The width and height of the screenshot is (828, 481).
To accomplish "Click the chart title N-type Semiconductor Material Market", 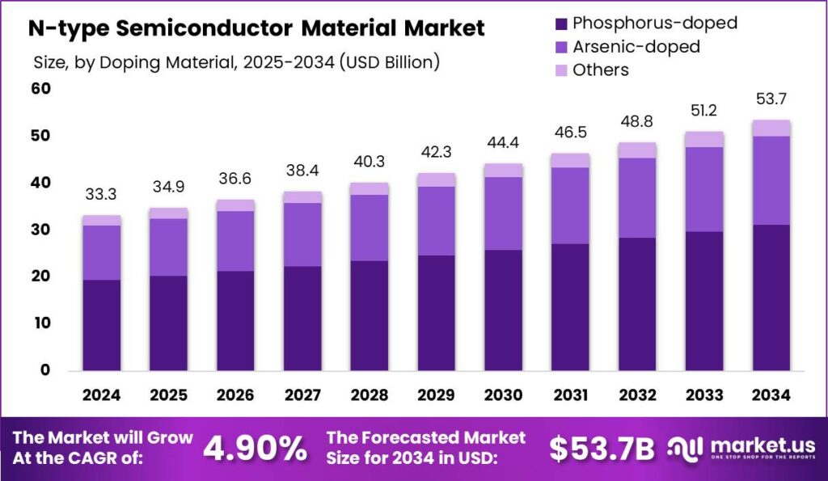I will click(256, 28).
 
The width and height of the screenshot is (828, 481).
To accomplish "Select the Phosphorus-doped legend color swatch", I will click(559, 23).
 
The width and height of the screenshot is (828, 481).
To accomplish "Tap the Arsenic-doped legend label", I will click(636, 46).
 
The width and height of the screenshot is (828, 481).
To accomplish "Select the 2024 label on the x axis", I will click(101, 395).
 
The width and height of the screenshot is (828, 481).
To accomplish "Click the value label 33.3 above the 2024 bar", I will click(101, 195).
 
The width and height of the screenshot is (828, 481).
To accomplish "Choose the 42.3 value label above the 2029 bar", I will click(436, 152).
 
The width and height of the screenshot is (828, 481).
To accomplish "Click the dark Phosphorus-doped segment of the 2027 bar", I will click(302, 318).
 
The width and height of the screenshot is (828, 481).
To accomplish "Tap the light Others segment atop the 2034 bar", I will click(770, 128).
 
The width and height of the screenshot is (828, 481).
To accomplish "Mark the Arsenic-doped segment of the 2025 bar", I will click(168, 247).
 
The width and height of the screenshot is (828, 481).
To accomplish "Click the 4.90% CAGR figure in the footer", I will click(254, 449).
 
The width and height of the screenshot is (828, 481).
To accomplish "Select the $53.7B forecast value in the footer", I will click(602, 449).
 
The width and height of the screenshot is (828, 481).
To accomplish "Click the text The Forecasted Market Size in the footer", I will click(426, 449).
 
